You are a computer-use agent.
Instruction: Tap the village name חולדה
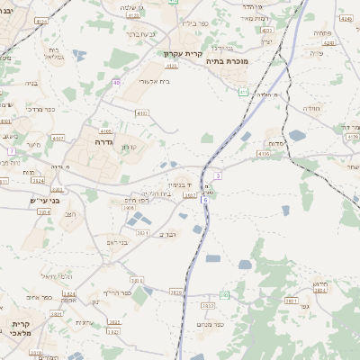click(x=310, y=108)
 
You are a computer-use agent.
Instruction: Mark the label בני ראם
click(x=118, y=242)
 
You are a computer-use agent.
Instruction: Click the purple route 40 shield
click(x=116, y=82)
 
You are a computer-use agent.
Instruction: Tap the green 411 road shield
click(x=243, y=91)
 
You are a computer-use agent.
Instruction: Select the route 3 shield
click(x=217, y=175)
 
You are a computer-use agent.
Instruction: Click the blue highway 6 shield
click(x=205, y=199)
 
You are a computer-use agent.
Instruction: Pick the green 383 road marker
click(x=224, y=294)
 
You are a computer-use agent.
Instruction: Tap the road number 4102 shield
click(x=142, y=112)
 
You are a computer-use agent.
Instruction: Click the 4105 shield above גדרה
click(x=106, y=130)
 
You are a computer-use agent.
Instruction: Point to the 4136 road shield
click(x=263, y=154)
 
